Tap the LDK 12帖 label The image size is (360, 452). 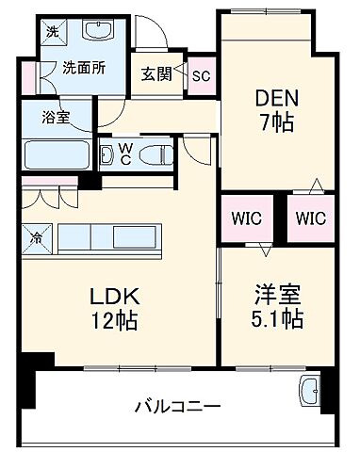click(x=112, y=308)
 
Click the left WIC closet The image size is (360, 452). click(x=248, y=218)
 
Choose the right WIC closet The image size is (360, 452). click(x=310, y=218)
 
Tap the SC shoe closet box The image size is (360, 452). click(x=200, y=76)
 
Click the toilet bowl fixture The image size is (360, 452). click(x=155, y=153)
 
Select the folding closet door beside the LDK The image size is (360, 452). click(x=43, y=198)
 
